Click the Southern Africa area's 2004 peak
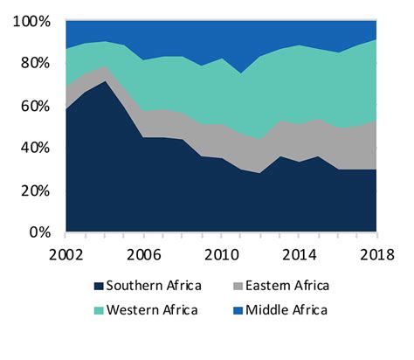click(x=104, y=81)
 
